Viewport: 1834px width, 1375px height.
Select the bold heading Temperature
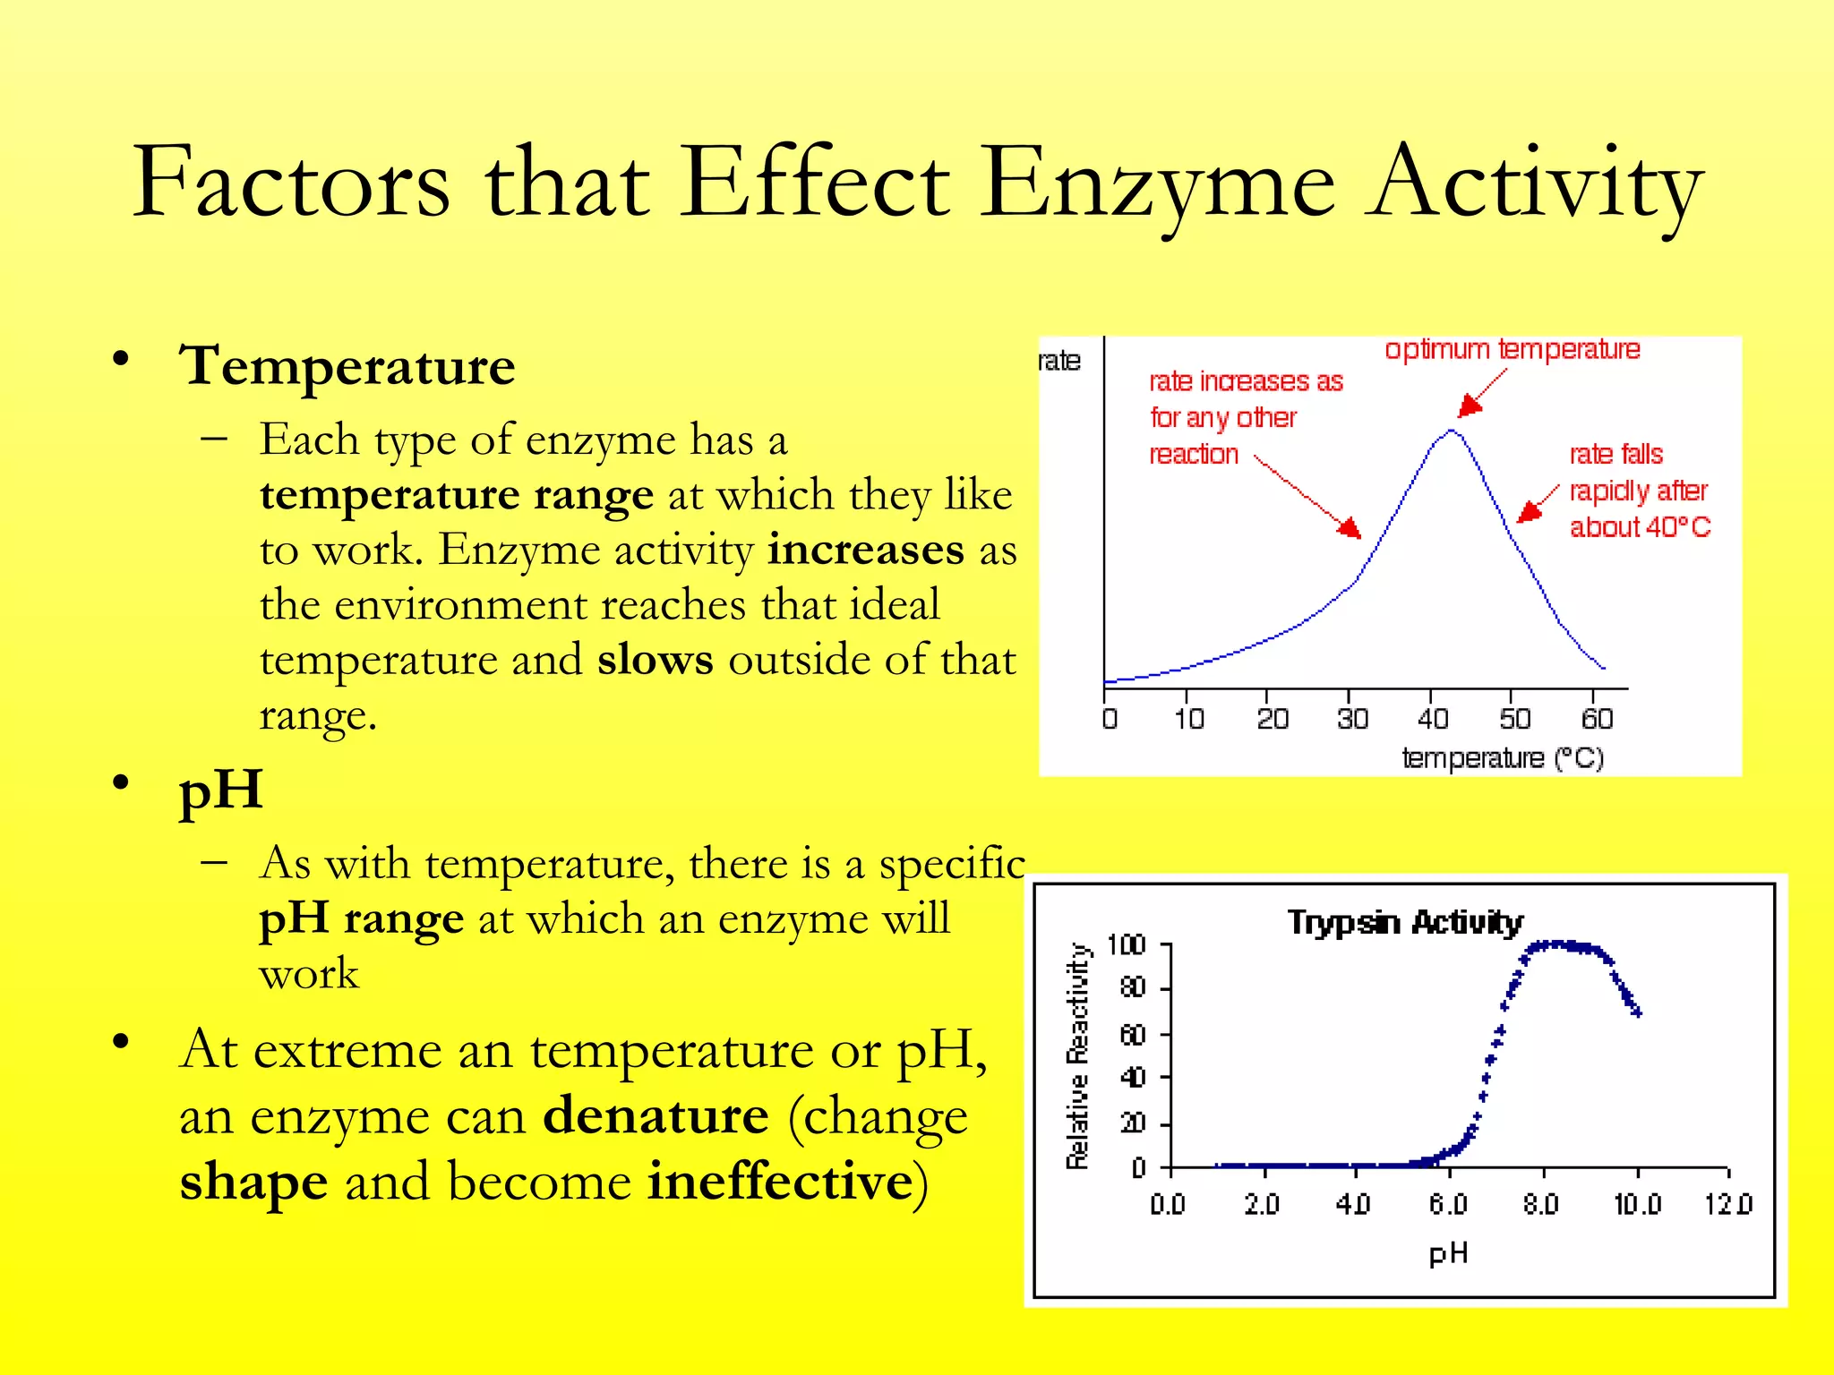(347, 366)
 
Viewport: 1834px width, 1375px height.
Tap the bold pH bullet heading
(220, 790)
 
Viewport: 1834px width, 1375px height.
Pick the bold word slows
(655, 660)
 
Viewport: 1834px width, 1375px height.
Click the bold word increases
(865, 550)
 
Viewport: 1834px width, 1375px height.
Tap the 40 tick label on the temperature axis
(1433, 719)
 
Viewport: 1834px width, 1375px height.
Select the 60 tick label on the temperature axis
(1597, 719)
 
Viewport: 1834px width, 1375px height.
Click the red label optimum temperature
(1512, 349)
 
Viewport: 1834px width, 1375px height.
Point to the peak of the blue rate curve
(1451, 431)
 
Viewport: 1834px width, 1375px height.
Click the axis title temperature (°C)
(1502, 758)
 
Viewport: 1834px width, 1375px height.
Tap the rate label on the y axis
(1059, 361)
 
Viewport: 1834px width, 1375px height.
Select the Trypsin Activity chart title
(1404, 922)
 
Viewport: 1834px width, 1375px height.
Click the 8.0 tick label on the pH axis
(1540, 1204)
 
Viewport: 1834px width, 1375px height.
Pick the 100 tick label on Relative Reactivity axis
(1126, 945)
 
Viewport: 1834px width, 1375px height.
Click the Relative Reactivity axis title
(1077, 1056)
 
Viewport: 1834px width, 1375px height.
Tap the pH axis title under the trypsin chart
(1448, 1253)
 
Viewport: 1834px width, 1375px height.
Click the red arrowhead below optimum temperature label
(1469, 407)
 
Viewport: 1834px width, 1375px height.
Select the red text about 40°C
(1639, 527)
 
